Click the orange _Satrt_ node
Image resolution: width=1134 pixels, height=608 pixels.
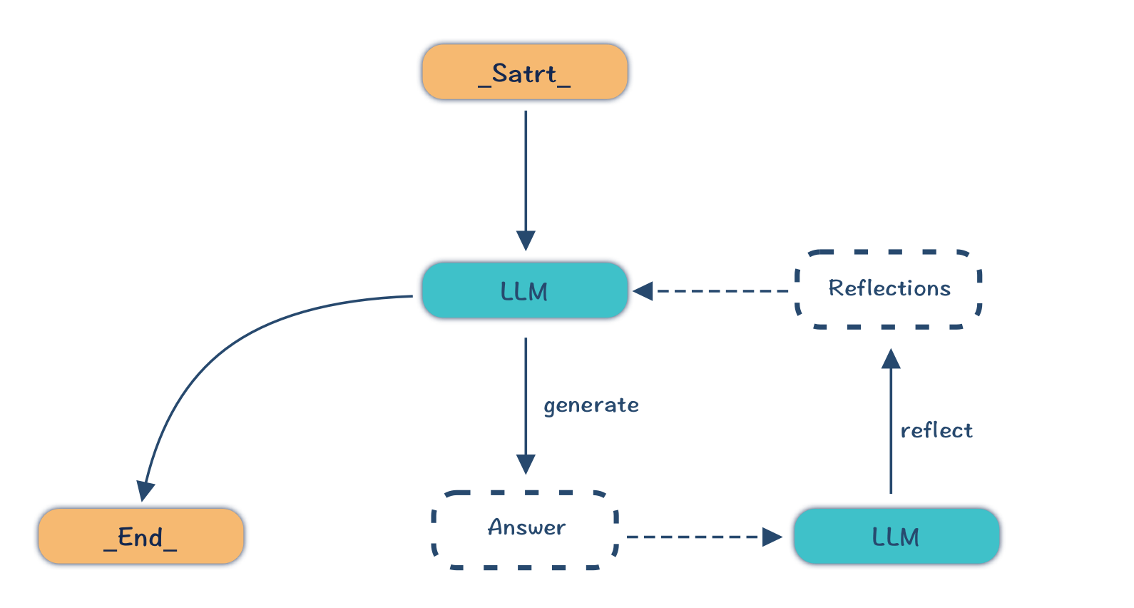click(525, 72)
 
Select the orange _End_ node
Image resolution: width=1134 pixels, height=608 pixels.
click(141, 536)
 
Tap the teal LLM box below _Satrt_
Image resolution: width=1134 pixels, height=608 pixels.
click(525, 290)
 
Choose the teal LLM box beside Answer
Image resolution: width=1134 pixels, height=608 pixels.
click(897, 536)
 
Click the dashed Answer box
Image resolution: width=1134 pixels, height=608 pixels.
click(526, 529)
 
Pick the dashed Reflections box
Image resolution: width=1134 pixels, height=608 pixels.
click(889, 289)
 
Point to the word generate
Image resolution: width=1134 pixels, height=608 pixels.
click(591, 405)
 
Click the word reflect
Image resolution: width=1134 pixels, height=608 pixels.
click(936, 430)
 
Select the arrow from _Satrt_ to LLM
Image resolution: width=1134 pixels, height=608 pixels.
click(526, 171)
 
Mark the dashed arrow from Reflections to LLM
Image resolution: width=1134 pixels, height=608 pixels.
click(720, 291)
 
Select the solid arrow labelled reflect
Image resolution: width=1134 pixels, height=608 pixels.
click(891, 428)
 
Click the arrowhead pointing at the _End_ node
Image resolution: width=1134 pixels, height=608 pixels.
click(145, 491)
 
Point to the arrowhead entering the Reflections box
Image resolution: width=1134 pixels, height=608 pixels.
click(891, 358)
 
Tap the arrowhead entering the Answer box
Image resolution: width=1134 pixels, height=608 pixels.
click(526, 465)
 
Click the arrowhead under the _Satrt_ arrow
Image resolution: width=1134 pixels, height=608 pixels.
click(526, 240)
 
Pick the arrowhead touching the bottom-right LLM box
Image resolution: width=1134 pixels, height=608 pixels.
click(772, 537)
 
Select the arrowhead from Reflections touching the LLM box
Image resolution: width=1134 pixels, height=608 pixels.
click(643, 291)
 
